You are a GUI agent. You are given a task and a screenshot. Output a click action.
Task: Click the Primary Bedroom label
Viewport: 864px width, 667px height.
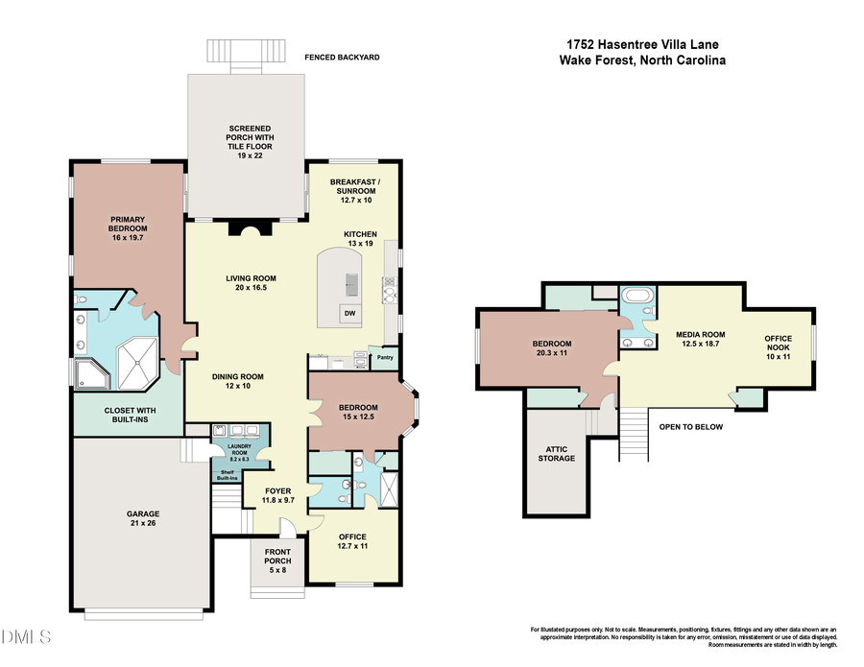click(x=127, y=224)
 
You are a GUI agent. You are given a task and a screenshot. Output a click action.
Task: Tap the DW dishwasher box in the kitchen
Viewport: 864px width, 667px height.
click(x=350, y=314)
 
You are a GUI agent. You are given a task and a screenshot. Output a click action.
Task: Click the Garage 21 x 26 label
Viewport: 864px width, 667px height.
click(x=140, y=519)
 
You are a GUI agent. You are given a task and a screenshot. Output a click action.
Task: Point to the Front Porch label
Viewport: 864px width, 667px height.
click(x=276, y=565)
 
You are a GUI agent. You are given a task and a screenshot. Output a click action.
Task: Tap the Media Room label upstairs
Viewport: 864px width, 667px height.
click(x=700, y=340)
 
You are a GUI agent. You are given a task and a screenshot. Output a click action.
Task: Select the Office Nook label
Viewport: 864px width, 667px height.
click(x=778, y=347)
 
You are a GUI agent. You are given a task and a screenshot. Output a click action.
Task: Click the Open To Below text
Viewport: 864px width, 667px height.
click(x=690, y=427)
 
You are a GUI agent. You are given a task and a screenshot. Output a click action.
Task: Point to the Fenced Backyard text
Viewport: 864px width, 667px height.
click(x=343, y=58)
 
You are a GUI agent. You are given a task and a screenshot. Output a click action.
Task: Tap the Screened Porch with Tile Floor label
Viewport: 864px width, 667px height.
click(x=249, y=141)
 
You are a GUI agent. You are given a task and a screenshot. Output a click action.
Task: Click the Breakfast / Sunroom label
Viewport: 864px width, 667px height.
click(x=352, y=186)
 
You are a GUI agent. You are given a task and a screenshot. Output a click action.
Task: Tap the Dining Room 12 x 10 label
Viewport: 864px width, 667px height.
click(x=237, y=382)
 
